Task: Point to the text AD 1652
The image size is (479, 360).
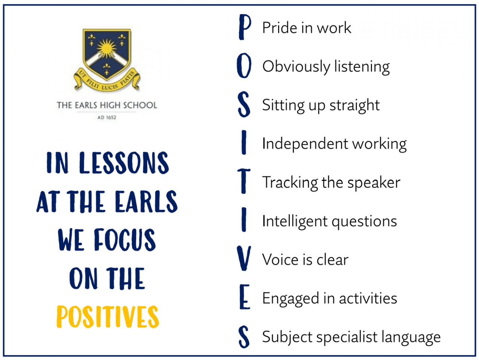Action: pos(107,118)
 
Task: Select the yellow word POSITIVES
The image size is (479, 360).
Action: pos(108,317)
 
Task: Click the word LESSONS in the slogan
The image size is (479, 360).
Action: pos(124,163)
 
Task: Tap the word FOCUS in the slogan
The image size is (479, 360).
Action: pos(125,240)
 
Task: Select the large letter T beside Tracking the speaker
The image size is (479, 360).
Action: pos(244,181)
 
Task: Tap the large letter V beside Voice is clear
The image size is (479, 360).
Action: pos(244,259)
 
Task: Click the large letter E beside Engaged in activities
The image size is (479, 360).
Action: pos(244,298)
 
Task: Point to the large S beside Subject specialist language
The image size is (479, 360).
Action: pos(244,336)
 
